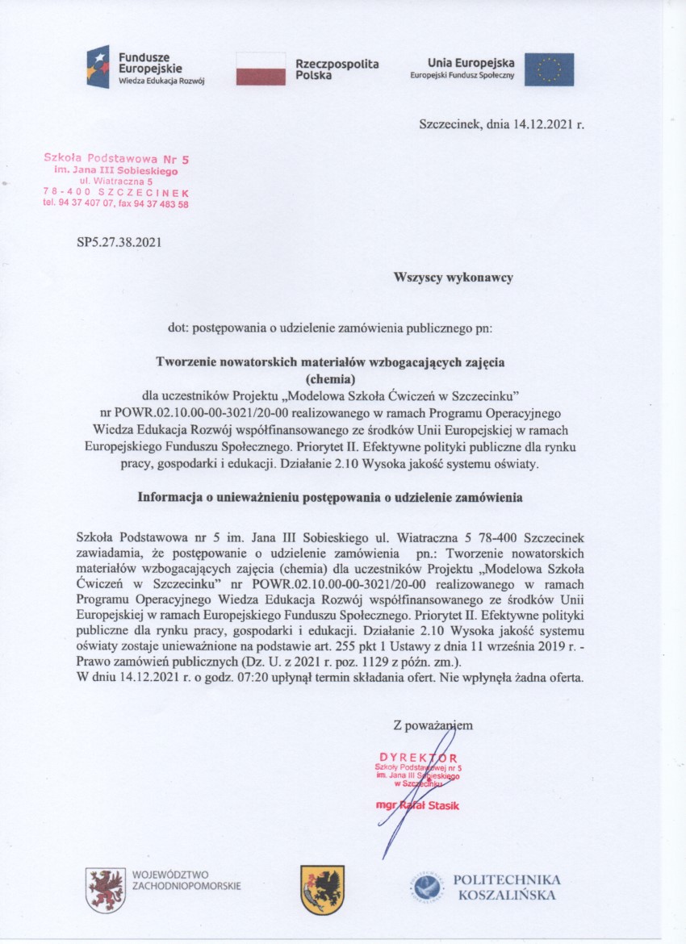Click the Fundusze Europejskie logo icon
point(98,67)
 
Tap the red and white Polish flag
point(260,69)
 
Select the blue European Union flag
point(549,69)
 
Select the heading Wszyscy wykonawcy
point(453,278)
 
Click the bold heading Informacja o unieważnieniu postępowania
point(331,498)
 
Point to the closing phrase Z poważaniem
point(433,725)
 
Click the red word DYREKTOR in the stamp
point(419,758)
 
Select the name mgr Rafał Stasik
point(417,805)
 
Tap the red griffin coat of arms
point(106,889)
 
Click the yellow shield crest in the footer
point(322,889)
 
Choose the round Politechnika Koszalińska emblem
point(425,888)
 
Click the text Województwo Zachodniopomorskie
point(186,879)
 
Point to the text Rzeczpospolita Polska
point(337,69)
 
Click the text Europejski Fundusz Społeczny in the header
point(456,75)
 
